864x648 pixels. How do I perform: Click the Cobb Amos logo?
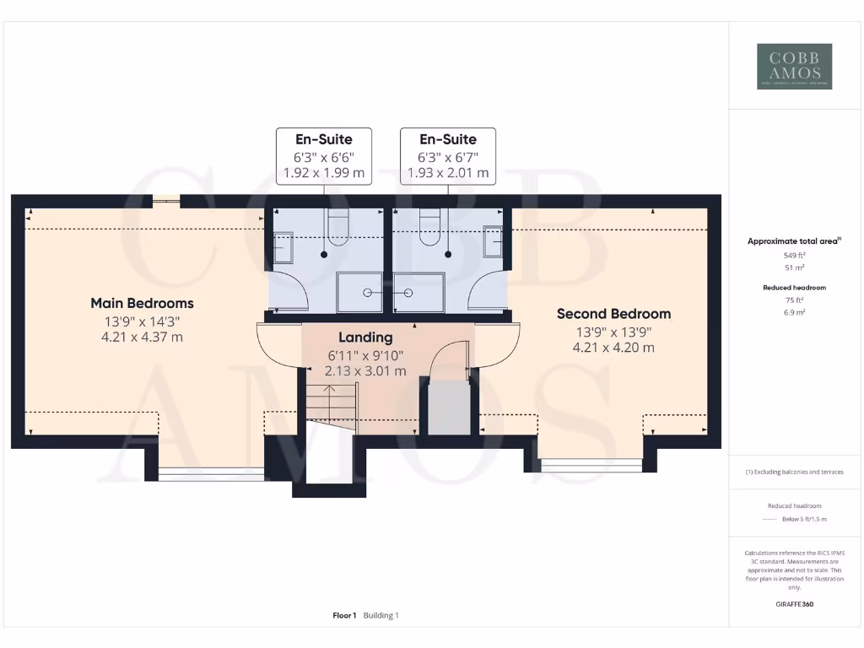(794, 67)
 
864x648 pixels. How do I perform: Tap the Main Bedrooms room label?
(142, 303)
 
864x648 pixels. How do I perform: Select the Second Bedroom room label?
(613, 314)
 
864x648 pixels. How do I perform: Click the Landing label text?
(365, 337)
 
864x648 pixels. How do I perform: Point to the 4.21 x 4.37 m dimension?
(142, 337)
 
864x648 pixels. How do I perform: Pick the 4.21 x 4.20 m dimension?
(613, 348)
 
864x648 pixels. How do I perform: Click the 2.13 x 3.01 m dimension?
(366, 370)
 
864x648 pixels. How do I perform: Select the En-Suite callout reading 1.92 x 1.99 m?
(323, 156)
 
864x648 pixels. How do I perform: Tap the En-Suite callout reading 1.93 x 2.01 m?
(447, 156)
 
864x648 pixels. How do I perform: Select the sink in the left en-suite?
(282, 248)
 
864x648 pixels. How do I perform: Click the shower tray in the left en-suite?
(359, 292)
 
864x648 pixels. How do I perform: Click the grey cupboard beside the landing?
(449, 408)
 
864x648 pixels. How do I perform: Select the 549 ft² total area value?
(793, 255)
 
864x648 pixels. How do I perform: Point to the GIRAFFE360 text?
(793, 604)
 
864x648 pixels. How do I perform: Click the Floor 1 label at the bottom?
(344, 615)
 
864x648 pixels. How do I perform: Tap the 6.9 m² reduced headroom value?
(793, 312)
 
